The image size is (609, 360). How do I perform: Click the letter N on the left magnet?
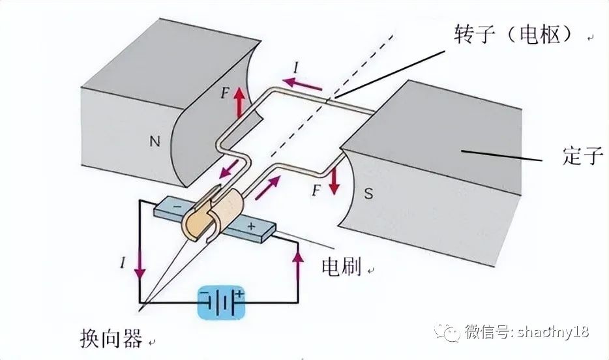click(x=154, y=140)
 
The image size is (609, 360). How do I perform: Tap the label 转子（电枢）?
click(x=514, y=36)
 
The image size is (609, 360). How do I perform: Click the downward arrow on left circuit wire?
click(x=139, y=266)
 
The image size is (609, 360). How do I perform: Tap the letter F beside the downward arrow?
click(x=316, y=191)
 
